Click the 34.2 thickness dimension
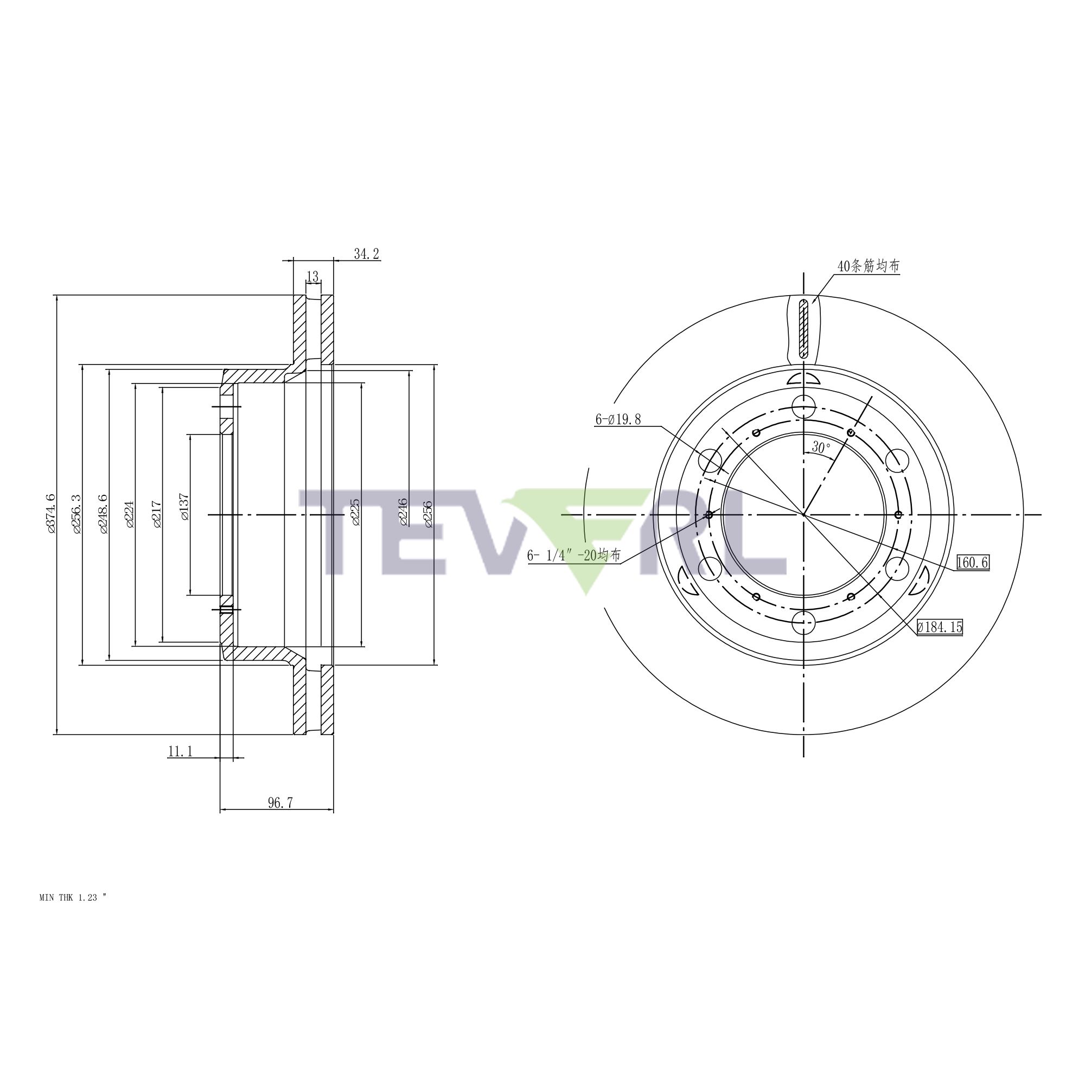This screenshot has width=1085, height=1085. coord(366,254)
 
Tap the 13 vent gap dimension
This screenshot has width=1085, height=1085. coord(313,277)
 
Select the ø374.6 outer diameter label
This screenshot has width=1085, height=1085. coord(50,513)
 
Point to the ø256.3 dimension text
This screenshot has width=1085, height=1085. coord(76,513)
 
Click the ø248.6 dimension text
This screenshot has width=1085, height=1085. coord(102,513)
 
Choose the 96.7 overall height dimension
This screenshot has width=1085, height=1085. coord(280,802)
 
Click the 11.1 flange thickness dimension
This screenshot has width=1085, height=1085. coord(180,751)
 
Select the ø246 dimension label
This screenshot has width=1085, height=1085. coord(403,512)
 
